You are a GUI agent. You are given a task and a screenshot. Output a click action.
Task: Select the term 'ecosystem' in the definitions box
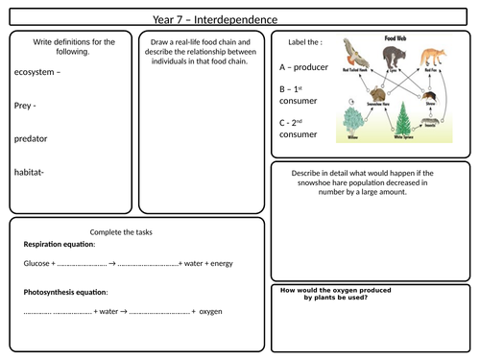click(x=36, y=72)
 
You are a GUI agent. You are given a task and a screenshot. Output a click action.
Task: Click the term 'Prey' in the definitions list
click(x=26, y=106)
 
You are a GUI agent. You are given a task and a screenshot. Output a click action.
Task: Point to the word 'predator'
click(x=32, y=138)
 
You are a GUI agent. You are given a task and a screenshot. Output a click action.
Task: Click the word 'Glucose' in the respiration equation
click(x=36, y=263)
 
